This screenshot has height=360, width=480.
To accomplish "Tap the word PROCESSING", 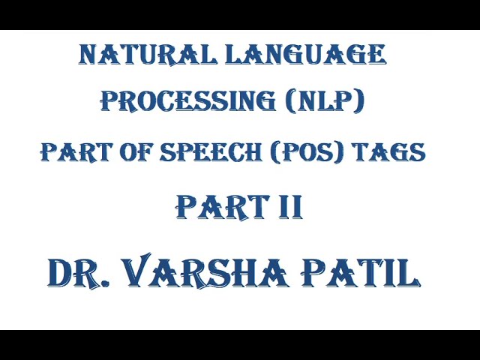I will [x=188, y=100].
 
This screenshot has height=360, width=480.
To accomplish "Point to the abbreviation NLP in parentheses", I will [x=327, y=100].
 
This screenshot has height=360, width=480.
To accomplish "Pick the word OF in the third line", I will [x=133, y=152].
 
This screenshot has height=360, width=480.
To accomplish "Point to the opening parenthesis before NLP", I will [x=293, y=100].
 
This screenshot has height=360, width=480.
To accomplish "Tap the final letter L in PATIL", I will [x=407, y=273].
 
